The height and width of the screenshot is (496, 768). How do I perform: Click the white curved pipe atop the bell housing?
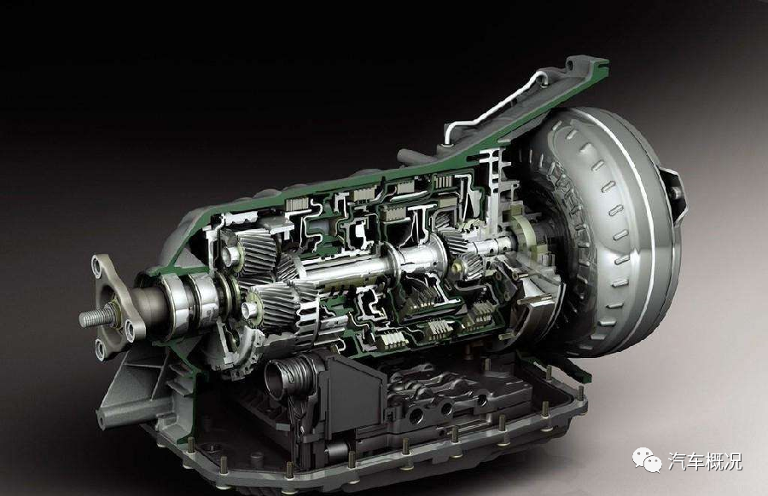[499, 104]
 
